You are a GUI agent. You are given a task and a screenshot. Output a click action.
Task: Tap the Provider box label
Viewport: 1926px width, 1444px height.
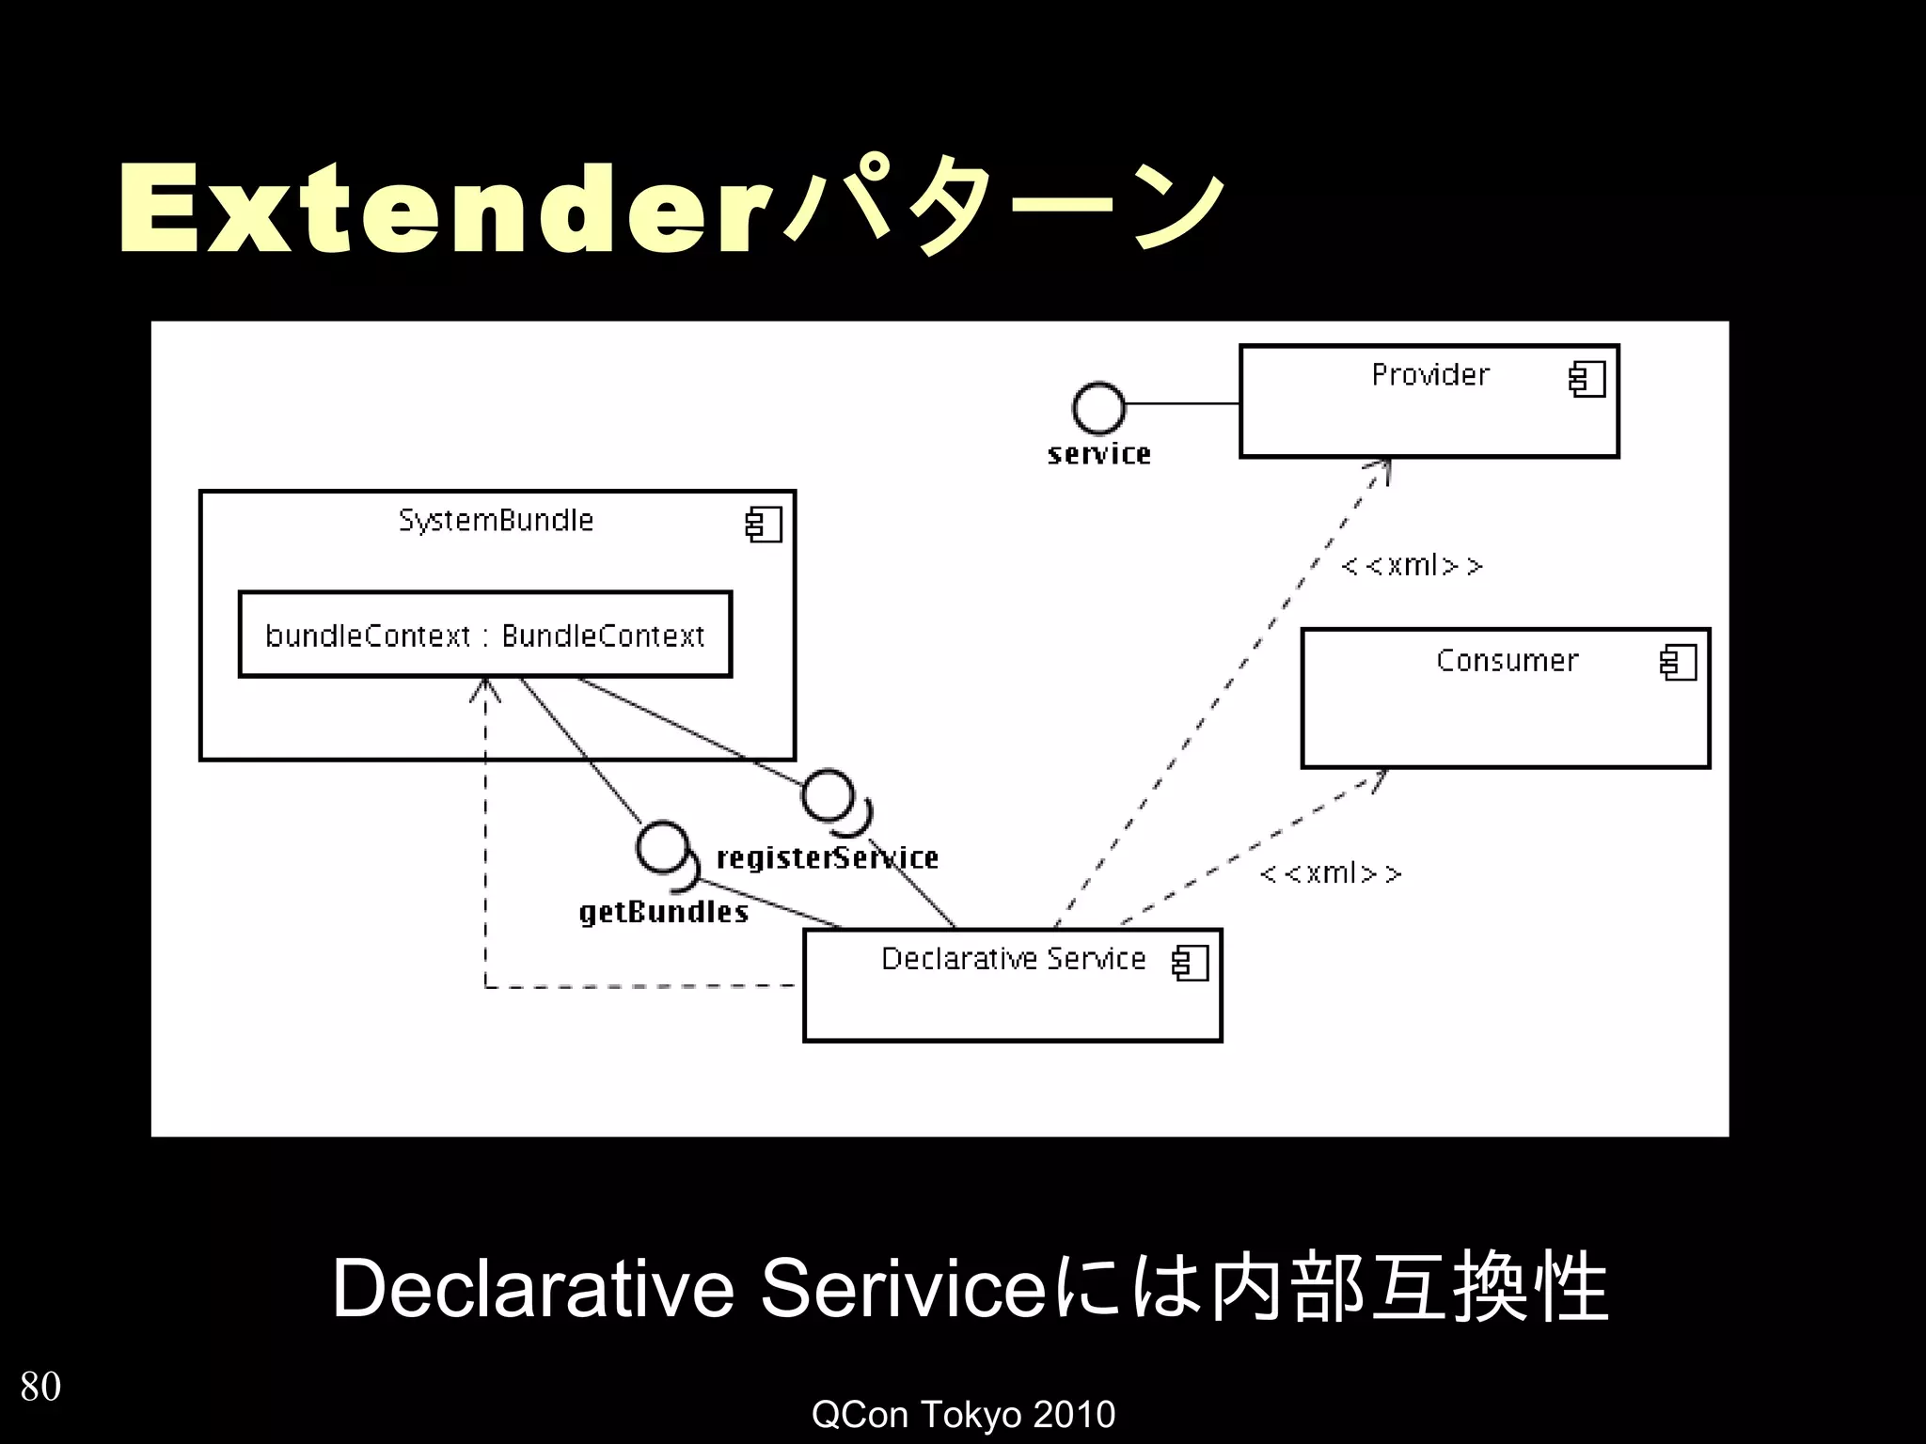point(1429,375)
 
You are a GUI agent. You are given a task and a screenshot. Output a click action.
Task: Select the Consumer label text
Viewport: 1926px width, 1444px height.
point(1507,661)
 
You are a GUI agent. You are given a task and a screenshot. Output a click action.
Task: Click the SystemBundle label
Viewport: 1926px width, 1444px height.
point(496,521)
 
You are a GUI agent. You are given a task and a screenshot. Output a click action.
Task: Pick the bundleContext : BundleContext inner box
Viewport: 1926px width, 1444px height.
point(484,636)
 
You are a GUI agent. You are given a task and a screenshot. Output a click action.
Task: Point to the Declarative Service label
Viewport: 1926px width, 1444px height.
point(1013,959)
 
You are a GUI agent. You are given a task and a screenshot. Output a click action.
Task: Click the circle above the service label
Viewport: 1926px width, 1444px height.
point(1097,407)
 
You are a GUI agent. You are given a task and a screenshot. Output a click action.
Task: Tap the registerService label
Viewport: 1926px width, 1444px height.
point(828,858)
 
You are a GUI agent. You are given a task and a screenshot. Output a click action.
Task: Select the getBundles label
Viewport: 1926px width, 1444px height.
point(663,912)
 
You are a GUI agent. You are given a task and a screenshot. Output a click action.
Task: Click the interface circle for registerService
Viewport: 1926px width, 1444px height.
point(828,795)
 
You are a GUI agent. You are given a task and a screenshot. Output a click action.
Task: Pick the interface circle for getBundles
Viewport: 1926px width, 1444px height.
point(662,846)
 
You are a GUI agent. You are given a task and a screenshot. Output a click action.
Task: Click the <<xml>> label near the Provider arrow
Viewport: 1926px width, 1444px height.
point(1412,566)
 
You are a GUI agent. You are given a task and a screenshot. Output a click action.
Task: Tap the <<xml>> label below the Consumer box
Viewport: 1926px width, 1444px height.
point(1330,874)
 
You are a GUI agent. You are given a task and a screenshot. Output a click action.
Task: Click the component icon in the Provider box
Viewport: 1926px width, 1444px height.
point(1587,380)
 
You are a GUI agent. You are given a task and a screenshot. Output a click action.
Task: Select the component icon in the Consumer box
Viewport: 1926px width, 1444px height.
point(1678,663)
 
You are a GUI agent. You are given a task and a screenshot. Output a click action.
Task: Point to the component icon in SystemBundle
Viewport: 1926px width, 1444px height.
point(763,525)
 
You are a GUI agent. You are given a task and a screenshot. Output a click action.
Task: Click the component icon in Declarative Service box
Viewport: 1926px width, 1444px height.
point(1190,963)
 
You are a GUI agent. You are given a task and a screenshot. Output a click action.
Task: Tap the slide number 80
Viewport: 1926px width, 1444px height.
point(40,1387)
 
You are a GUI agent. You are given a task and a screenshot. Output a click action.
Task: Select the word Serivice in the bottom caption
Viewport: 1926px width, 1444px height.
point(903,1289)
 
